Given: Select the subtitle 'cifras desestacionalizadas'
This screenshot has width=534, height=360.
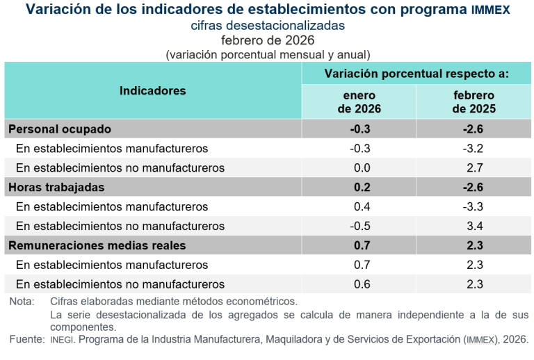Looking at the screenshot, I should [x=268, y=26].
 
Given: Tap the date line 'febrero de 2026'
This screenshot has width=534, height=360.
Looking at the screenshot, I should [x=268, y=40].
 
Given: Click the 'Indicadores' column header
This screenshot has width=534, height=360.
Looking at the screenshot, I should [x=153, y=91].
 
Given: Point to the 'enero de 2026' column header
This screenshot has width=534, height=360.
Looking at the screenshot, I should [x=359, y=102].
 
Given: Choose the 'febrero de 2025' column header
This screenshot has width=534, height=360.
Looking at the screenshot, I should [x=474, y=102].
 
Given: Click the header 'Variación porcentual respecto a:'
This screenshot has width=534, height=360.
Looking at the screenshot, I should [x=416, y=73].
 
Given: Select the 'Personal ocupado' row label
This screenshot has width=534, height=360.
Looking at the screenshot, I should [x=60, y=129].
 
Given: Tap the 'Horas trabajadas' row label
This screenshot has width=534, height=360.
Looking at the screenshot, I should [x=56, y=188].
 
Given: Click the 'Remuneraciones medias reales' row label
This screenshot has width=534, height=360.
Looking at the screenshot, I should [x=97, y=246].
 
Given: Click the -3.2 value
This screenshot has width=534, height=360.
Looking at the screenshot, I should [x=473, y=149].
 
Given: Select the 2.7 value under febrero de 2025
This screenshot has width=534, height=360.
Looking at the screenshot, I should [x=474, y=168].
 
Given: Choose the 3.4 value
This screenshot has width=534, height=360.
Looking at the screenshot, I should [x=474, y=227].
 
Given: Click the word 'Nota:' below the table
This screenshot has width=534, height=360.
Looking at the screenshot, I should [x=23, y=302].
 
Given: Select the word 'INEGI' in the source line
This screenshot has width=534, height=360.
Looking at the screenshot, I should [x=62, y=339].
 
